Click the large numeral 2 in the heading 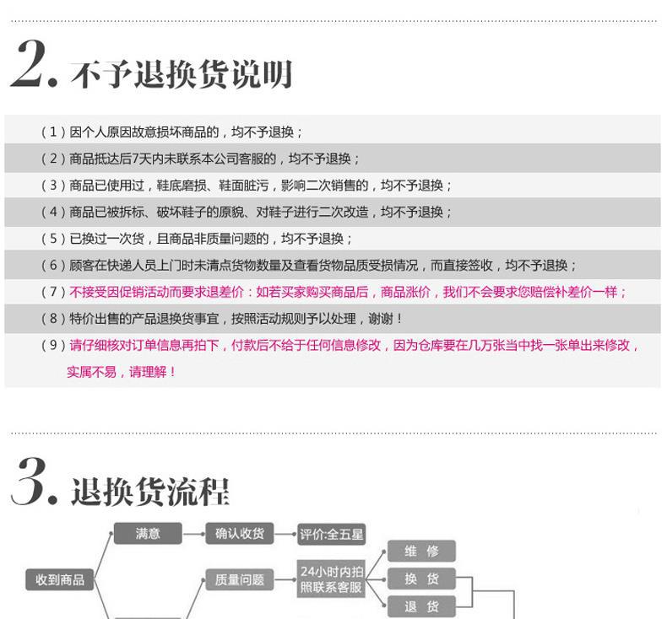(x=29, y=64)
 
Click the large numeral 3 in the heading (x=30, y=482)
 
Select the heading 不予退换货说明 (x=182, y=74)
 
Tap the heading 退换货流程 (x=150, y=492)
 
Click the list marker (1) (x=53, y=132)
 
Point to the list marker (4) (x=53, y=212)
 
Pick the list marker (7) (x=53, y=292)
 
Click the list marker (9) (x=53, y=345)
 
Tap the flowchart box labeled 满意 (x=148, y=534)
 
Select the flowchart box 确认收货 (x=240, y=534)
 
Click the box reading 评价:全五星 (x=331, y=535)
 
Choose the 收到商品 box (x=60, y=579)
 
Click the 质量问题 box (x=240, y=579)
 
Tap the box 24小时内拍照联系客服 (x=331, y=579)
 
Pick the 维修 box (x=421, y=552)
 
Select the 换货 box (x=421, y=579)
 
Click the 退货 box (x=421, y=606)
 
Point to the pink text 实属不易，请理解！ (x=122, y=372)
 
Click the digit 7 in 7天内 (x=135, y=159)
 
